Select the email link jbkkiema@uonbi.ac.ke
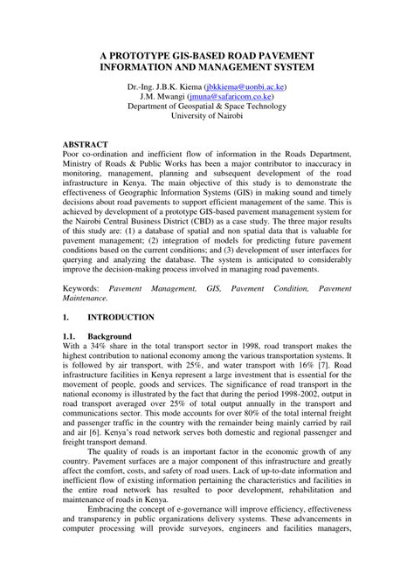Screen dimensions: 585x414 [x=249, y=88]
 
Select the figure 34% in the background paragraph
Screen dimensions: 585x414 [x=109, y=348]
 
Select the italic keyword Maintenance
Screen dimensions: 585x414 [x=94, y=299]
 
